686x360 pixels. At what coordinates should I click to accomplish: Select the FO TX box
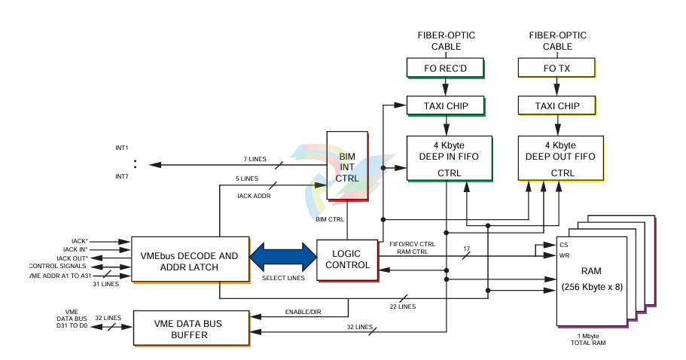pyautogui.click(x=556, y=68)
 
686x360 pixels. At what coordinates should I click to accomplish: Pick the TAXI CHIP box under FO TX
pyautogui.click(x=556, y=105)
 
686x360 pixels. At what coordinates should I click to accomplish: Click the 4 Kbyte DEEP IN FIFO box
pyautogui.click(x=449, y=157)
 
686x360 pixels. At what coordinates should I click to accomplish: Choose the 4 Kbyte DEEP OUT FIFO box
pyautogui.click(x=560, y=157)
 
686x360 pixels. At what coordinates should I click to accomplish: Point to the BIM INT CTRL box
pyautogui.click(x=347, y=166)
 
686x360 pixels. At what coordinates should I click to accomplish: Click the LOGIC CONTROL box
pyautogui.click(x=347, y=260)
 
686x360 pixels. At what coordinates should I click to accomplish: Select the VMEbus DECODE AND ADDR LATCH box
pyautogui.click(x=190, y=261)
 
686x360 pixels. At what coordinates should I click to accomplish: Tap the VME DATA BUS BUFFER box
pyautogui.click(x=191, y=328)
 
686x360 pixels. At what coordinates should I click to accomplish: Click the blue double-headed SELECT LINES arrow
pyautogui.click(x=283, y=255)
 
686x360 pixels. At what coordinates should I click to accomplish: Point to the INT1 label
pyautogui.click(x=122, y=148)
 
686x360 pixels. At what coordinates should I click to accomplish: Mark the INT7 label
pyautogui.click(x=122, y=176)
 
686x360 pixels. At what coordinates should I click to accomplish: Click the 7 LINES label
pyautogui.click(x=255, y=159)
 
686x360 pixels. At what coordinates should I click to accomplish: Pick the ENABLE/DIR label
pyautogui.click(x=303, y=312)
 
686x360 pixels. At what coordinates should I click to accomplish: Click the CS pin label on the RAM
pyautogui.click(x=563, y=245)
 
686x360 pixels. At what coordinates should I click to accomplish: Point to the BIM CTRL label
pyautogui.click(x=330, y=220)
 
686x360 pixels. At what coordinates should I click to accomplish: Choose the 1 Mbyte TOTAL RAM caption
pyautogui.click(x=589, y=339)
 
